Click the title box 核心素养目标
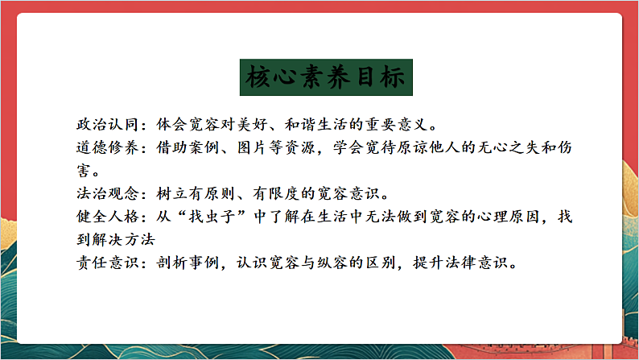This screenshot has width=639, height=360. click(328, 79)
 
